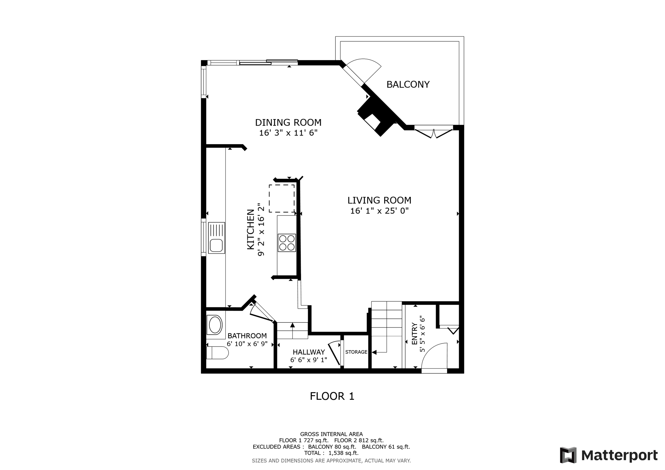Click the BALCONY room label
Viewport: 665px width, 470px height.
coord(408,84)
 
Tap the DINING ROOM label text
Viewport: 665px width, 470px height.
coord(288,122)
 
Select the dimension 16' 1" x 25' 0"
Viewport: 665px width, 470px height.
coord(379,211)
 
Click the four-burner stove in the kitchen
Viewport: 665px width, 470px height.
coord(287,242)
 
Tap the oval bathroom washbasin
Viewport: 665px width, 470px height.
coord(215,325)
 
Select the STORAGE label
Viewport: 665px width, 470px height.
coord(356,352)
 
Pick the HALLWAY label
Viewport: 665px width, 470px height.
coord(308,352)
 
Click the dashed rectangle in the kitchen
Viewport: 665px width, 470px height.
coord(282,198)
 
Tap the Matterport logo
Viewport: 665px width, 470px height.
coord(609,455)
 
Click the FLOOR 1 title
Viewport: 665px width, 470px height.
coord(332,396)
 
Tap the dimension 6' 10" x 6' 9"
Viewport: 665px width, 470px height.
coord(247,344)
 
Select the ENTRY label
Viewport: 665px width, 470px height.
coord(414,334)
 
